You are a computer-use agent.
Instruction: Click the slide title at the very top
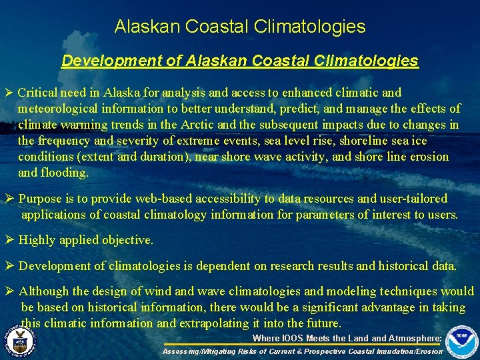tap(240, 27)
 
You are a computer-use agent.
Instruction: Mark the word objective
tap(127, 240)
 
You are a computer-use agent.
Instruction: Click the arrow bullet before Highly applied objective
tap(9, 240)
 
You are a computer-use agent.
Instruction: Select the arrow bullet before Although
tap(9, 291)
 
